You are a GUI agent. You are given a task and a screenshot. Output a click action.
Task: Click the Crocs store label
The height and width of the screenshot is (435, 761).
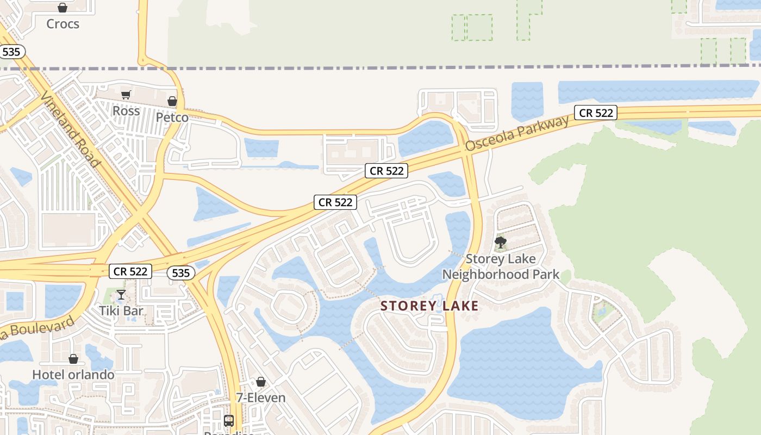point(63,24)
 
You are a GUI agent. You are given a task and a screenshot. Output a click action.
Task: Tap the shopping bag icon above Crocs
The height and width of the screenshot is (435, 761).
point(63,8)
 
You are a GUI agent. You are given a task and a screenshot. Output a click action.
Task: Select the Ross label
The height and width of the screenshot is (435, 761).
point(126,111)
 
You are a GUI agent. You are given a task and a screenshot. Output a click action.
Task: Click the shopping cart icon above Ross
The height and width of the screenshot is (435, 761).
point(126,95)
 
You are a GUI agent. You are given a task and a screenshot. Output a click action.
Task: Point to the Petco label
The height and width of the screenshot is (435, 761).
point(172,117)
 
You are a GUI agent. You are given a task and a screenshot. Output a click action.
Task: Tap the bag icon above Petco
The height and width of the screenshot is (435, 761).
point(172,101)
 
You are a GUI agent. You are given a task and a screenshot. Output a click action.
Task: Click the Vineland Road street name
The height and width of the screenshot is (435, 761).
point(71,130)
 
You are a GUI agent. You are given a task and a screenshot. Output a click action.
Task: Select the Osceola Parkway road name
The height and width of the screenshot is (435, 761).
point(517,133)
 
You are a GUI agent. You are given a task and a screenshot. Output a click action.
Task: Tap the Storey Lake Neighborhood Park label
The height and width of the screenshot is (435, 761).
point(501,266)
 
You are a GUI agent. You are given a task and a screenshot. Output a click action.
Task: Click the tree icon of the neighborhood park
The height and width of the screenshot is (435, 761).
point(501,243)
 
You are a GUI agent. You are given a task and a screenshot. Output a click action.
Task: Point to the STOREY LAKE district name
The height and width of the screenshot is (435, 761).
point(429,306)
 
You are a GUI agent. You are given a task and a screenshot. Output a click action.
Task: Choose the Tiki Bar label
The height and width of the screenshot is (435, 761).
point(121,311)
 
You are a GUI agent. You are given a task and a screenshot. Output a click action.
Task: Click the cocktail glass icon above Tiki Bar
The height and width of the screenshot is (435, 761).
point(121,295)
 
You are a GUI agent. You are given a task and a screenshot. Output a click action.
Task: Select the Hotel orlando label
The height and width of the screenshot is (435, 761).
point(73,375)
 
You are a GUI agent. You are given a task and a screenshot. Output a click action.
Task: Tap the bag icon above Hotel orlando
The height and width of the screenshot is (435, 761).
point(73,359)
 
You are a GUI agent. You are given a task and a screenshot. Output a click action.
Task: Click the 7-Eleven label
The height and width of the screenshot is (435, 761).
point(261,397)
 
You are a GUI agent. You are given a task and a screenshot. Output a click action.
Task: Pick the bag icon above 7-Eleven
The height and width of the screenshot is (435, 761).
point(261,382)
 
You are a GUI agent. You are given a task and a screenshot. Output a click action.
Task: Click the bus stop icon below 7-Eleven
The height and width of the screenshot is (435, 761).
point(229,420)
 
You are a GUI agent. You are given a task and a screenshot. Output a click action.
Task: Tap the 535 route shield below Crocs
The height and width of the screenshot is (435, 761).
point(11,52)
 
